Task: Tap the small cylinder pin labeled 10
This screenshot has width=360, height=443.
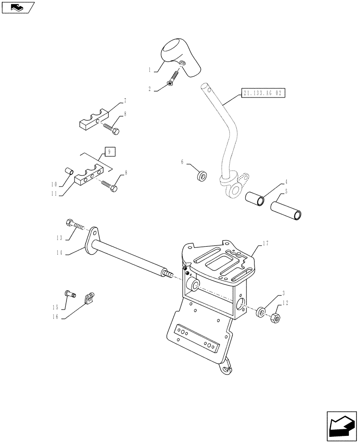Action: pyautogui.click(x=69, y=171)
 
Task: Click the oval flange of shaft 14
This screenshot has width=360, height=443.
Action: pyautogui.click(x=92, y=241)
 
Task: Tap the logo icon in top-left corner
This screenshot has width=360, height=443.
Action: pyautogui.click(x=18, y=7)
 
